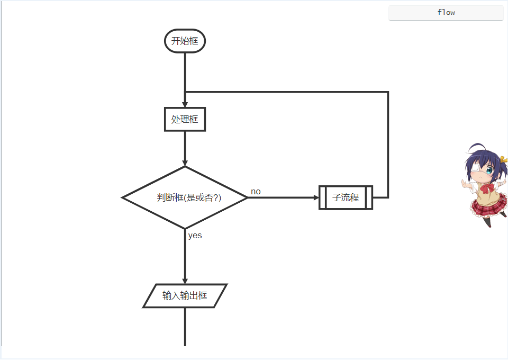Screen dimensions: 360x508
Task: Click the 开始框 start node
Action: (x=185, y=41)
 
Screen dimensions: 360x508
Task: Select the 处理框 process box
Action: (x=185, y=119)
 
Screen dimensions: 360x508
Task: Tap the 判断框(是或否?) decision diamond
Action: (x=185, y=197)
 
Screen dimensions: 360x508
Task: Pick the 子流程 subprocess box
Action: (x=346, y=197)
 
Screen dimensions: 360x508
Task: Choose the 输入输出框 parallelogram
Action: (x=185, y=295)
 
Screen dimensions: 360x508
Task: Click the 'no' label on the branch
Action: (x=256, y=191)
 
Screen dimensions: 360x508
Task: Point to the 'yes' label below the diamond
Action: (x=195, y=236)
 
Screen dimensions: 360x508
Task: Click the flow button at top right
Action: (x=446, y=13)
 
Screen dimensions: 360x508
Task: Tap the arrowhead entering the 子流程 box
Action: (x=316, y=197)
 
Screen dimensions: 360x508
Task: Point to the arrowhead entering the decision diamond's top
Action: (x=185, y=162)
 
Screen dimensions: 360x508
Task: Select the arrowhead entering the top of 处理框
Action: (x=185, y=104)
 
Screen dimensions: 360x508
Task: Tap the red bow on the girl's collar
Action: (x=486, y=188)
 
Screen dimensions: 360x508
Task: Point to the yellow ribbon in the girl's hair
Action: (x=503, y=159)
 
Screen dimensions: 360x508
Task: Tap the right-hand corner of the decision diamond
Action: (x=247, y=197)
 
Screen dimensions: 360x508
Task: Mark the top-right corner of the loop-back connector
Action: (x=388, y=93)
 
